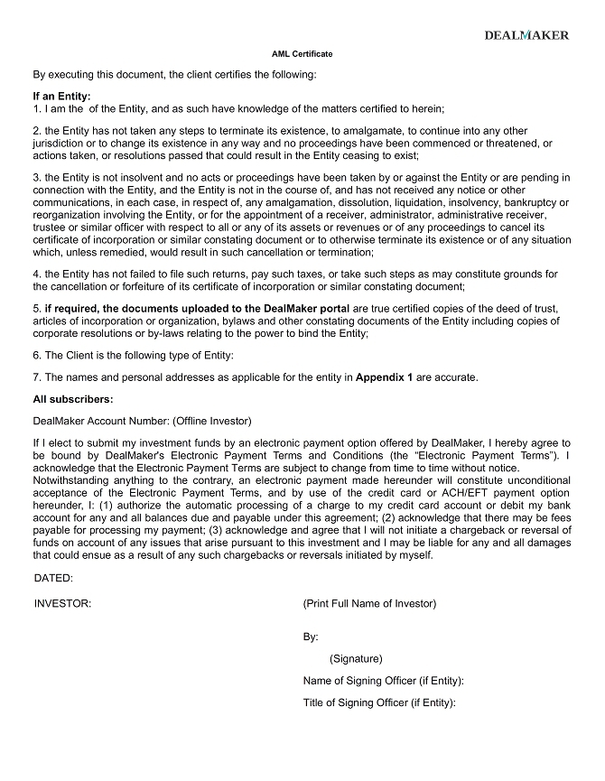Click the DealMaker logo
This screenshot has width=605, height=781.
tap(526, 35)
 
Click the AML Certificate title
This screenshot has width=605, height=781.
tap(302, 54)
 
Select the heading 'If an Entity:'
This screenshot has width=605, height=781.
tap(61, 96)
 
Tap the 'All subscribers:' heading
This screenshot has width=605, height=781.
tap(73, 399)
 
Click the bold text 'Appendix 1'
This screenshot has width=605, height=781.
tap(384, 377)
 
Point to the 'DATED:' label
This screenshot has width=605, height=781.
tap(53, 578)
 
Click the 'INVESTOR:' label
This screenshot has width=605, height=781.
tap(62, 603)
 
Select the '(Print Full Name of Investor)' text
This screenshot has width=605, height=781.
tap(369, 603)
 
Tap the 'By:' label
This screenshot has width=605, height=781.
tap(311, 637)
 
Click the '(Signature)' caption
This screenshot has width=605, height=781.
tap(356, 658)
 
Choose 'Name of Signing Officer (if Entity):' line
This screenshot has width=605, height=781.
tap(383, 681)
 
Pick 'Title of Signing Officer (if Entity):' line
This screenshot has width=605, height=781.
tap(379, 702)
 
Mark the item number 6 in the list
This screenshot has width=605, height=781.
tap(36, 355)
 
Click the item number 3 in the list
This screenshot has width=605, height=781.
tap(36, 178)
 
